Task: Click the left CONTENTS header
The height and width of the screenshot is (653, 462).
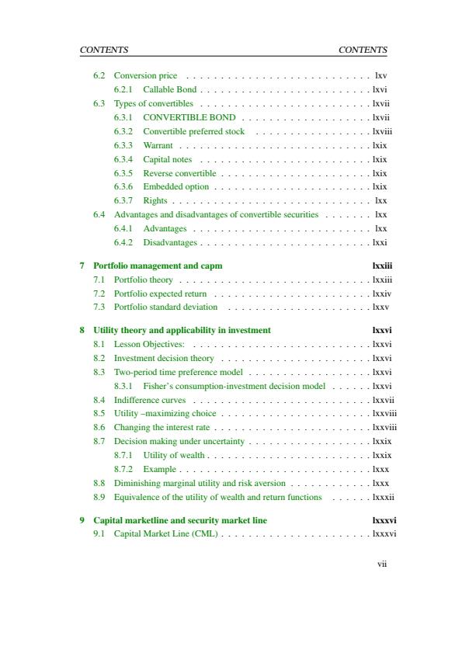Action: coord(104,50)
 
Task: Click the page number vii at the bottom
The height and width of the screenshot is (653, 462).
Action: coord(382,564)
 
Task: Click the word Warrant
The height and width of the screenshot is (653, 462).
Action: coord(158,145)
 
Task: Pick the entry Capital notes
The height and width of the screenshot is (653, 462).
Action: coord(167,159)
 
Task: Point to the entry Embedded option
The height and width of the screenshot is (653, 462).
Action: coord(175,186)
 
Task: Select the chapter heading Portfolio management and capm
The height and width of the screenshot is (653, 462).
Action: coord(158,266)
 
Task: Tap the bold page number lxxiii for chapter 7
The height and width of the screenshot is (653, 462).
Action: coord(382,266)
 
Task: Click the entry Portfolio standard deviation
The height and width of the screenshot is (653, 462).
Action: coord(165,307)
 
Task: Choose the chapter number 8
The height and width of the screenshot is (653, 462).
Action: coord(82,330)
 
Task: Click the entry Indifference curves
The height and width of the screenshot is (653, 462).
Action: coord(150,400)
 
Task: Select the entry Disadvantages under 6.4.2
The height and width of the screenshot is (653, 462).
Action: coord(170,242)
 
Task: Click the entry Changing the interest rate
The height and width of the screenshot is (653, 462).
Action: coord(162,427)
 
